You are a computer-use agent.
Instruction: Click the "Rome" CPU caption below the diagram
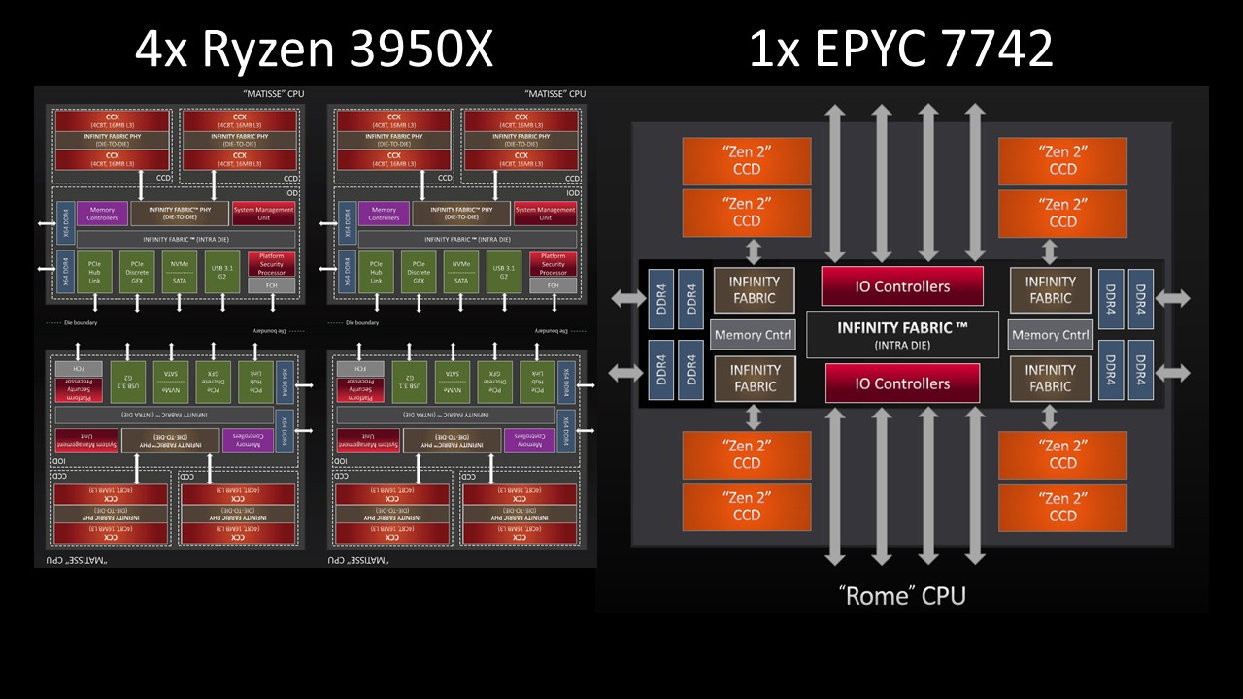click(x=902, y=594)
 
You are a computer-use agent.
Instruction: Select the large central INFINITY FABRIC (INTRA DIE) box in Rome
click(x=902, y=335)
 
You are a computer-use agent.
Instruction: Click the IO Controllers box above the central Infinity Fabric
click(x=902, y=286)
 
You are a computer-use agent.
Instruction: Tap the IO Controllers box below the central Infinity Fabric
click(x=902, y=383)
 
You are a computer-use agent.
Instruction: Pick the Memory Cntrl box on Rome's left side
click(x=753, y=335)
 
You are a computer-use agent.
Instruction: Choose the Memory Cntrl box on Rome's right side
click(x=1050, y=335)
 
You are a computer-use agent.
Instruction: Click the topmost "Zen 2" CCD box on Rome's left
click(x=747, y=160)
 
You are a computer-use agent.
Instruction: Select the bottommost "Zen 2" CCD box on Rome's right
click(x=1063, y=507)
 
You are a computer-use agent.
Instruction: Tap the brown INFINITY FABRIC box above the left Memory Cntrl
click(x=755, y=290)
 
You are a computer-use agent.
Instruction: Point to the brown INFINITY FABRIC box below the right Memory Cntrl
click(x=1050, y=379)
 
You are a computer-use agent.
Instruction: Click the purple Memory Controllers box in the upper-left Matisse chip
click(x=102, y=214)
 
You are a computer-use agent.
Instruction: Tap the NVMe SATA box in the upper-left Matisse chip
click(x=179, y=273)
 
